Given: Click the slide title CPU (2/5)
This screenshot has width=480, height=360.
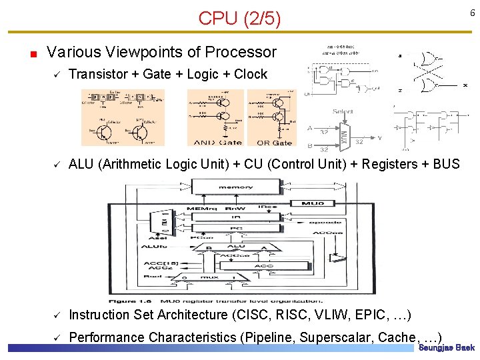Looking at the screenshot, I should pyautogui.click(x=239, y=19).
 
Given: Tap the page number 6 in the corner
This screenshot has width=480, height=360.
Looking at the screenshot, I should pyautogui.click(x=471, y=13).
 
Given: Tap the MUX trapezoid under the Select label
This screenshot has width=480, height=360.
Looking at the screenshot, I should pyautogui.click(x=345, y=134).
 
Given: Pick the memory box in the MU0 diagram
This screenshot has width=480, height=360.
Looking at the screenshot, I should pyautogui.click(x=235, y=187).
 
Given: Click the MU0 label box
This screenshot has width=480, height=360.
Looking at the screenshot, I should pyautogui.click(x=313, y=203).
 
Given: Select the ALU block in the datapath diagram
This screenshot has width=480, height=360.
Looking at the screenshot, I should pyautogui.click(x=237, y=247).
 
